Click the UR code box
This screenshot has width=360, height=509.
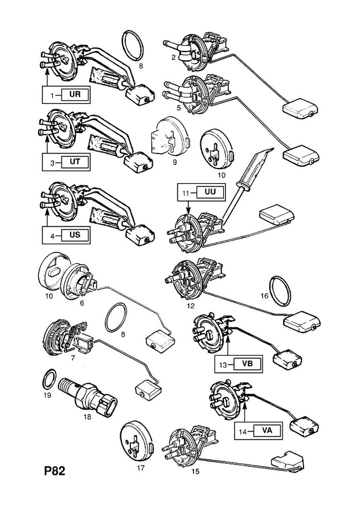(75, 94)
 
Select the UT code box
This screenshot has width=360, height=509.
(75, 162)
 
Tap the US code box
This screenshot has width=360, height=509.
(75, 235)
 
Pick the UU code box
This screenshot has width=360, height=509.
(210, 192)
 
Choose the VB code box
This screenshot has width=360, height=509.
(247, 363)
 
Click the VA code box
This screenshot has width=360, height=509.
(267, 431)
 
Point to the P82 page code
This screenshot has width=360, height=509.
(55, 471)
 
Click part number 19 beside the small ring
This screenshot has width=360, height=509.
(48, 395)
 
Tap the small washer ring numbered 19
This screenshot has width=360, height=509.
(50, 379)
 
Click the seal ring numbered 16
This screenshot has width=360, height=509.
(280, 291)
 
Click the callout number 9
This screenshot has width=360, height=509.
(175, 162)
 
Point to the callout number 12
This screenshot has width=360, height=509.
(191, 306)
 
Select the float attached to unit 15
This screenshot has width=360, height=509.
(287, 461)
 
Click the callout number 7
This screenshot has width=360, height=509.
(73, 358)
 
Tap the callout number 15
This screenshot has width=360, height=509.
(195, 471)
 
